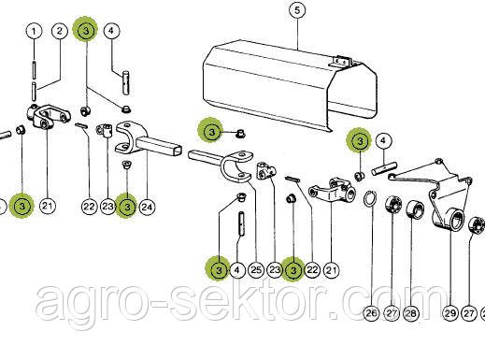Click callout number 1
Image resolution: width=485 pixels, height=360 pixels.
coord(34,31)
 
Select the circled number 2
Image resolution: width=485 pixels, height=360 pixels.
coord(60,31)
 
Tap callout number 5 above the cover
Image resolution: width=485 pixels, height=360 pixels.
coord(297,10)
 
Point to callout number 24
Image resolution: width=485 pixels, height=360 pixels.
coord(147,207)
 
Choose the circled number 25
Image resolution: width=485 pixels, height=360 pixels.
coord(256,270)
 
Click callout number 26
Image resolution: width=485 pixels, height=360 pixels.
coord(372,312)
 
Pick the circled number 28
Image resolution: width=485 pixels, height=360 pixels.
coord(411,312)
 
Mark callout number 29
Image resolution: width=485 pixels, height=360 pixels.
coord(450,313)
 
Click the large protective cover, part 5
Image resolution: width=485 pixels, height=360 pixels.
coord(290,86)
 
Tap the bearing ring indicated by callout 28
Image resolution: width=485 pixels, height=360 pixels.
coord(415,209)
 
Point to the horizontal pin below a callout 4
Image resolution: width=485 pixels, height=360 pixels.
coord(384,167)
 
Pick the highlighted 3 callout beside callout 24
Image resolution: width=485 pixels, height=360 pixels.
coord(127,207)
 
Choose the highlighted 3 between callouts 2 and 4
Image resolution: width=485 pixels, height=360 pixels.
coord(86,30)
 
